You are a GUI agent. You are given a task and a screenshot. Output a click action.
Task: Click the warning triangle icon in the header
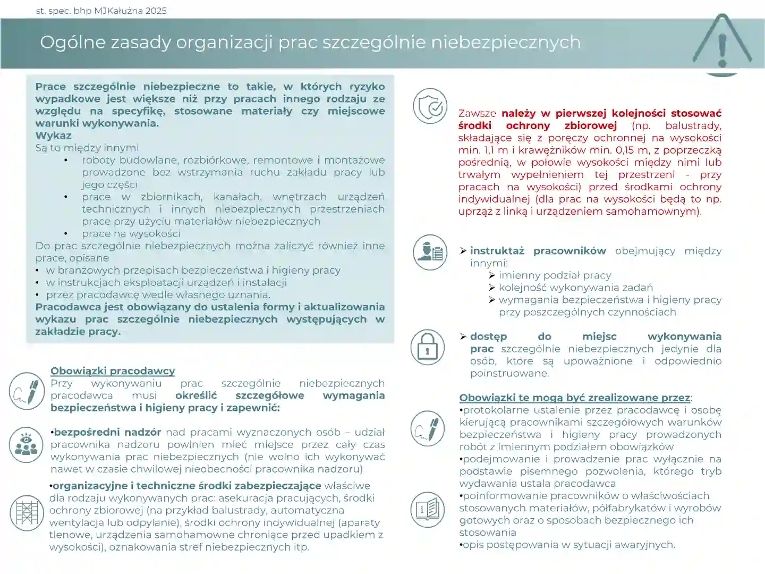721,45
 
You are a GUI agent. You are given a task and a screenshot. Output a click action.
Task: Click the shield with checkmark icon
430,106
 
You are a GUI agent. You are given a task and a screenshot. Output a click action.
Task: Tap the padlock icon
427,347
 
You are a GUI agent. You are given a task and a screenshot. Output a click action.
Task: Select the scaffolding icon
27,513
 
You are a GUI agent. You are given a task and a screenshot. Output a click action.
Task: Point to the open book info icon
427,509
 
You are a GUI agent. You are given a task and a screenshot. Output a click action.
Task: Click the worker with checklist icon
430,252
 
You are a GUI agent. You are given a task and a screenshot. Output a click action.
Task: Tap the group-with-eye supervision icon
26,444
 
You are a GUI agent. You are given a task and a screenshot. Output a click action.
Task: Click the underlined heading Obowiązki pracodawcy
113,371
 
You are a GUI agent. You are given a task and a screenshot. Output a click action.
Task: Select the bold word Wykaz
53,136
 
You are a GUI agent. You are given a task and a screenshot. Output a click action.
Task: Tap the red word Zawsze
477,113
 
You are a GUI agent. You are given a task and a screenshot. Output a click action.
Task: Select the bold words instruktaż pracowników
538,251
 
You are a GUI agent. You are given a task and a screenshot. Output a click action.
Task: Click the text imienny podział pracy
555,275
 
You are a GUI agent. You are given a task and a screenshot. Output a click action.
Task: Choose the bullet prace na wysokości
131,233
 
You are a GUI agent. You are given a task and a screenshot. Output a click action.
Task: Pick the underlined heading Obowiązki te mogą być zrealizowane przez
574,398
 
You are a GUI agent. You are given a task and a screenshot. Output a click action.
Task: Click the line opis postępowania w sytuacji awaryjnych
568,545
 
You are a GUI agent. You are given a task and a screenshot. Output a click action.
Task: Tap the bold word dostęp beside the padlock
488,336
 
